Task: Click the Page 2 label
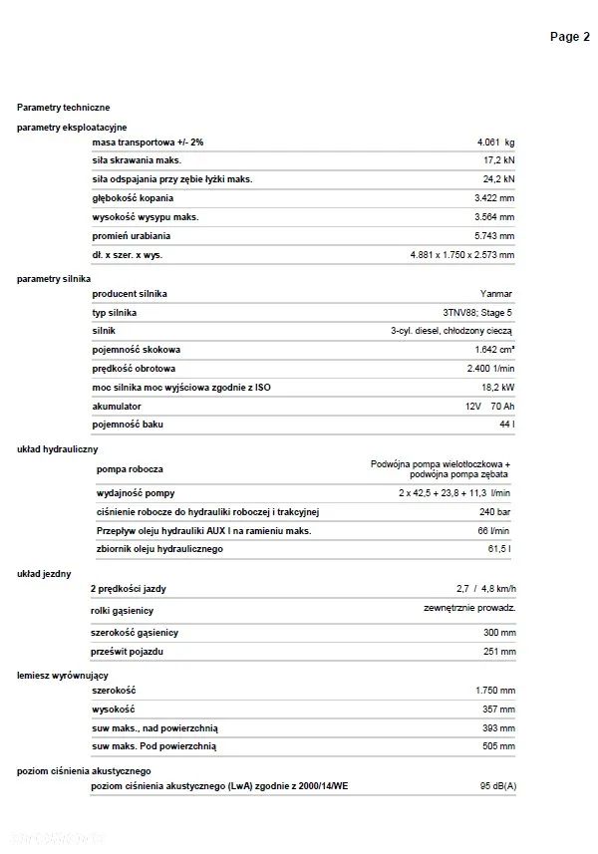point(570,37)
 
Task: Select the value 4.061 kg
point(495,142)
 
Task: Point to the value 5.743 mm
point(494,236)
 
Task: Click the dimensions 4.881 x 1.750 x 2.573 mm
point(462,255)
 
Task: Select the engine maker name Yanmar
point(498,294)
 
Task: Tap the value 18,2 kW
point(497,387)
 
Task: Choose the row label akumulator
point(117,406)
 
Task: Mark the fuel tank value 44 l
point(506,425)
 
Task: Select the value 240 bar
point(495,512)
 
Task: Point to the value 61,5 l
point(499,549)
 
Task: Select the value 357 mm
point(495,709)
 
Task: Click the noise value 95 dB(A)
point(496,787)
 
